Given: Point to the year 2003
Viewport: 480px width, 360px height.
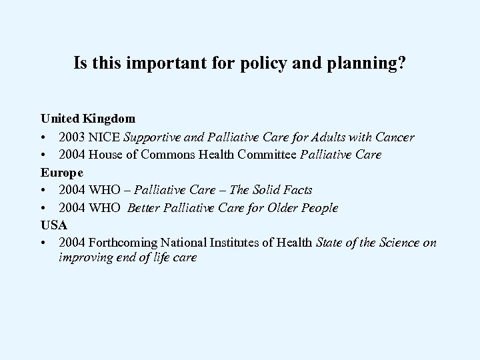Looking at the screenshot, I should coord(71,137).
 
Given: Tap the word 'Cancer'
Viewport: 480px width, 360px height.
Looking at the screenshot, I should coord(394,137).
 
